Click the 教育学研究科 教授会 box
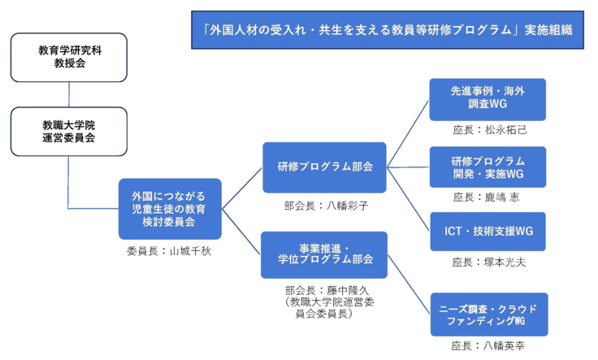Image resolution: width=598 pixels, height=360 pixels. tap(68, 57)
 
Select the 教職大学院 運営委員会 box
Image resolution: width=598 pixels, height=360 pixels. tap(68, 132)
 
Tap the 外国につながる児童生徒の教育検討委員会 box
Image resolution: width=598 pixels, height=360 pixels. tap(169, 209)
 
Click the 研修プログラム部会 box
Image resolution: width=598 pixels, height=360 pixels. tap(324, 167)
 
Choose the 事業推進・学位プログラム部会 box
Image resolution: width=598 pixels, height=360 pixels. tap(324, 254)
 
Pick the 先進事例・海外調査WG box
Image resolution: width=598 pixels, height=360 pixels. tap(487, 99)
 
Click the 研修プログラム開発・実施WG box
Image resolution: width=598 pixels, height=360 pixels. tap(487, 167)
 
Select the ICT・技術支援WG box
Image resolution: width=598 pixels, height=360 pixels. tap(487, 232)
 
